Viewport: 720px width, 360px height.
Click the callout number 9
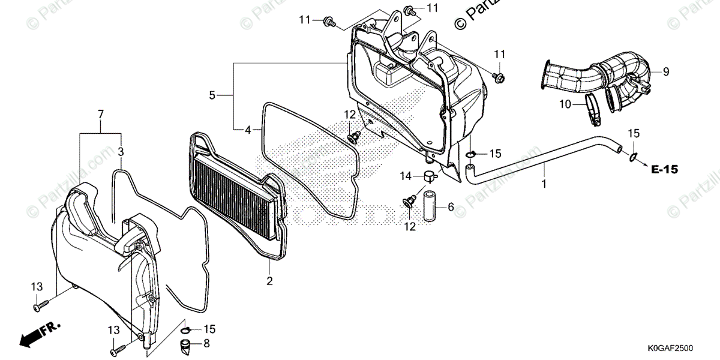pyautogui.click(x=665, y=72)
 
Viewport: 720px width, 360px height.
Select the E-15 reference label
pyautogui.click(x=664, y=170)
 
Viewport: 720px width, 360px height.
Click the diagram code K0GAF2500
pyautogui.click(x=670, y=348)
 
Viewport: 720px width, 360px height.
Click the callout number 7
pyautogui.click(x=100, y=114)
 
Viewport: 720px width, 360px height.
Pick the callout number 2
pyautogui.click(x=269, y=281)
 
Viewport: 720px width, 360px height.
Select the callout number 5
pyautogui.click(x=212, y=95)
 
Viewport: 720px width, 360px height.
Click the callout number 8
pyautogui.click(x=206, y=344)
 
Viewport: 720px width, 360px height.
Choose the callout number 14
pyautogui.click(x=406, y=176)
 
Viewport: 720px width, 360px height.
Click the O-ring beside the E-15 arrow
pyautogui.click(x=634, y=158)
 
